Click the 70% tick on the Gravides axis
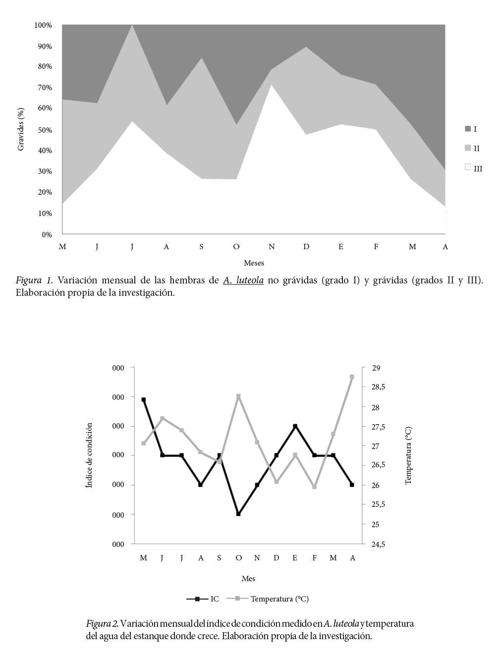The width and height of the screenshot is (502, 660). (x=45, y=88)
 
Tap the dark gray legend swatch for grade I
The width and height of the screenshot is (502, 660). (x=467, y=129)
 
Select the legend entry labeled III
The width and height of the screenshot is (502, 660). (x=478, y=168)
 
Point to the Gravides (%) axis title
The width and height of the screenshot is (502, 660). (x=21, y=129)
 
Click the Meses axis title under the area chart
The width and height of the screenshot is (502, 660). (x=254, y=263)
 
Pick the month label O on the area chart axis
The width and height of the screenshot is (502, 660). (x=236, y=247)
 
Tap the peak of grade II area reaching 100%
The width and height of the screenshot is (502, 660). (x=132, y=25)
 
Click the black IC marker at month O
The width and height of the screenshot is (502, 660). (x=238, y=514)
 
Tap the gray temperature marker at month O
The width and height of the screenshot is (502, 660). (x=238, y=396)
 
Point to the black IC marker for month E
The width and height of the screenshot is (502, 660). (x=295, y=426)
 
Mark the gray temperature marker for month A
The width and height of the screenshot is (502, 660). (x=352, y=377)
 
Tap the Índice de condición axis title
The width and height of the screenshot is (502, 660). (x=89, y=455)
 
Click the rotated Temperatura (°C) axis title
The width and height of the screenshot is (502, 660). (x=408, y=455)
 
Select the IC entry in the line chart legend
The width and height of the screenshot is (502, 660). (x=214, y=599)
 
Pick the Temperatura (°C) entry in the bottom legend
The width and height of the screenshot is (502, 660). (x=279, y=599)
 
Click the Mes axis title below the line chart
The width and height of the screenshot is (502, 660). (x=248, y=578)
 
